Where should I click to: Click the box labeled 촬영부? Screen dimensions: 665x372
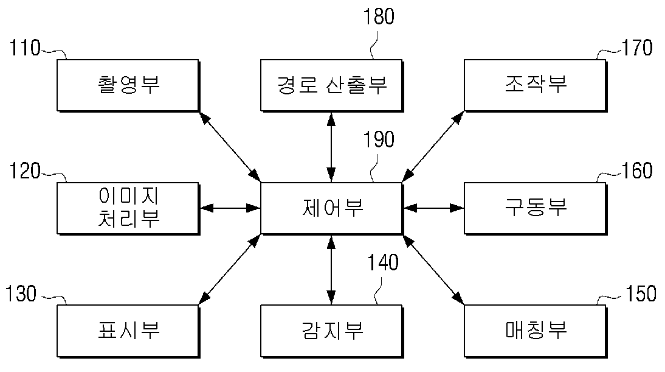128,85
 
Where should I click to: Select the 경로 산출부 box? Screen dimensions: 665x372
332,85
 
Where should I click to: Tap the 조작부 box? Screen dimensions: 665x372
536,85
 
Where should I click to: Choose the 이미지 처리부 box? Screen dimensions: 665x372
128,208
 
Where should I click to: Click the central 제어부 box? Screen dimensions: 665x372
332,208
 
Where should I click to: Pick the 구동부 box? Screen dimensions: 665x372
536,208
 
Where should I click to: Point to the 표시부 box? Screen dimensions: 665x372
128,331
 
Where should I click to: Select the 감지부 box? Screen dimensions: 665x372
332,331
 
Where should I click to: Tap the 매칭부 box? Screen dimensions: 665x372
536,331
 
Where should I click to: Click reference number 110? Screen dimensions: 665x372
25,48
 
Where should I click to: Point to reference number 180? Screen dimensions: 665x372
379,16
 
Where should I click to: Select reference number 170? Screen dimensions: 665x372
637,48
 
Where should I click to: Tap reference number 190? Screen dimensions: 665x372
379,139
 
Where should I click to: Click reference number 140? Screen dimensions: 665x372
382,263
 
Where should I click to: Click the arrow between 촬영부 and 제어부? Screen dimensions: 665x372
230,147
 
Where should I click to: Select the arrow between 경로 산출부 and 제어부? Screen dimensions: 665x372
331,147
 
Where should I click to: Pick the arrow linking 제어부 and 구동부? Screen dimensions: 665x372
433,208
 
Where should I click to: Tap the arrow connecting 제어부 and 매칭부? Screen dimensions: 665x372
433,270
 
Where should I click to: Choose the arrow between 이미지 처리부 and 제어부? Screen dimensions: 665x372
230,208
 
